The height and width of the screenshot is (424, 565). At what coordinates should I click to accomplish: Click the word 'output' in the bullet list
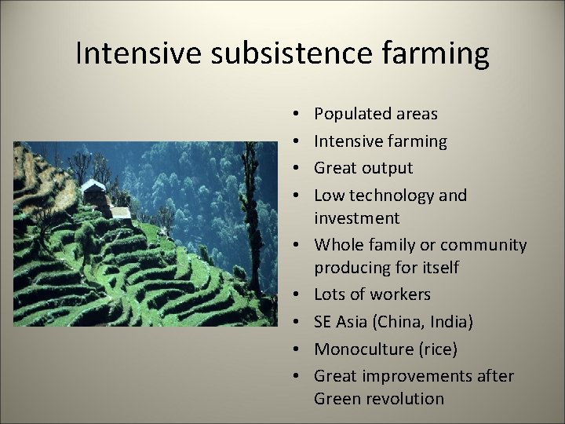[x=388, y=168]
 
